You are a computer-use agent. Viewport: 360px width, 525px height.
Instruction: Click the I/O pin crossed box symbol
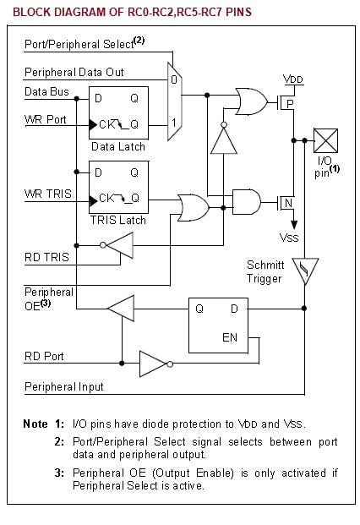coord(325,140)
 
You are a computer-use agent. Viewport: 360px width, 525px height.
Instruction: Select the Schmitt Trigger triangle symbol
coord(305,271)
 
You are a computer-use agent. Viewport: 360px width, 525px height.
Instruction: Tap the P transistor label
coord(290,103)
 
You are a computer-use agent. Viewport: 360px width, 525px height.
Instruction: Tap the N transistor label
coord(288,203)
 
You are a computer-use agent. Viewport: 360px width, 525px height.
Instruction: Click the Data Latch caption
coord(118,146)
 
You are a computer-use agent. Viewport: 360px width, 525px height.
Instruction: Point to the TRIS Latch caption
coord(117,220)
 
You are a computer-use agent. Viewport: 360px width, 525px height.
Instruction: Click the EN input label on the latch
coord(230,337)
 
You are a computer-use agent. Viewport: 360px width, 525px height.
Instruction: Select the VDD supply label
coord(293,79)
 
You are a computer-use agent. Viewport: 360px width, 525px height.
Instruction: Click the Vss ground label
coord(289,238)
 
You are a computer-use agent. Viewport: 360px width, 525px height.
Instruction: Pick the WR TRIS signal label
coord(48,194)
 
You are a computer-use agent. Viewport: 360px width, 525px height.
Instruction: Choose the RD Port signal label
coord(44,356)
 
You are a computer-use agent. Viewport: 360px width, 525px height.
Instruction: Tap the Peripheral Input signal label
coord(64,386)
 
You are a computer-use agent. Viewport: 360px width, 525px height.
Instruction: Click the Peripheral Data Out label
coord(74,72)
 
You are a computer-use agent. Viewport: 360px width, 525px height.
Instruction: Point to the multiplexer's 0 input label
coord(174,79)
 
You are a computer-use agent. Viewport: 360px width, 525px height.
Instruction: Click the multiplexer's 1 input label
coord(174,123)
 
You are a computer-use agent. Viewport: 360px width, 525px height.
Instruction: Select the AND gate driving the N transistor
coord(246,202)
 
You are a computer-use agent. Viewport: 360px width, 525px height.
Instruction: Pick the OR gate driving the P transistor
coord(251,101)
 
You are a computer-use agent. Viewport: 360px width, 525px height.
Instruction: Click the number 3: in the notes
coord(59,473)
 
